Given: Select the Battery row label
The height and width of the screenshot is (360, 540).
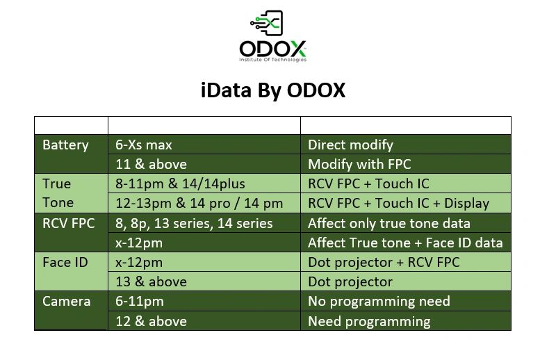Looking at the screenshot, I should (x=65, y=145).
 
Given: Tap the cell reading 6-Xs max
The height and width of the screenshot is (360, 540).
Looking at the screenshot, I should (x=144, y=145).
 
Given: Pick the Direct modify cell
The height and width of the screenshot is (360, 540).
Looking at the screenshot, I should (x=350, y=145).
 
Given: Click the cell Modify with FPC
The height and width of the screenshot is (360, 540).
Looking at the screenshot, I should (x=359, y=165).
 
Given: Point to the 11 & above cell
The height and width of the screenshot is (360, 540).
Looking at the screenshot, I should (x=151, y=165).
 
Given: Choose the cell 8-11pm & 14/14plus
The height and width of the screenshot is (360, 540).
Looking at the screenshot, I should (x=180, y=184).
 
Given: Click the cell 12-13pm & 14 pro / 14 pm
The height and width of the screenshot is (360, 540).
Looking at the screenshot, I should (x=199, y=204).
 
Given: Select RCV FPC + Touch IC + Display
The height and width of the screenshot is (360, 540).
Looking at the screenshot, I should (x=398, y=204).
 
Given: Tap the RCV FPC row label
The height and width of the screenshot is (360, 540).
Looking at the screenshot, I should (x=68, y=223).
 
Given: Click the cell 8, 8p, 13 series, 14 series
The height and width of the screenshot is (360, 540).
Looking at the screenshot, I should (x=194, y=223).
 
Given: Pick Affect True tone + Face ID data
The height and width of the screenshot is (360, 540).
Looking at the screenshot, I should (x=405, y=243).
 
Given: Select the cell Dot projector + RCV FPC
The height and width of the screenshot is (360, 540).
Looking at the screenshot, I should (x=384, y=262).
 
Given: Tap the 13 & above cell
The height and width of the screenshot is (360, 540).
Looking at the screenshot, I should (x=151, y=281).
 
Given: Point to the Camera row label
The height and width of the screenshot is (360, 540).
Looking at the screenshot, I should (x=66, y=301).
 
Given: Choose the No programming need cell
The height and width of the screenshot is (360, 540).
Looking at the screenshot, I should (x=379, y=301).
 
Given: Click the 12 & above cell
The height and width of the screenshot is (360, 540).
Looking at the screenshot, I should (x=151, y=321).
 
